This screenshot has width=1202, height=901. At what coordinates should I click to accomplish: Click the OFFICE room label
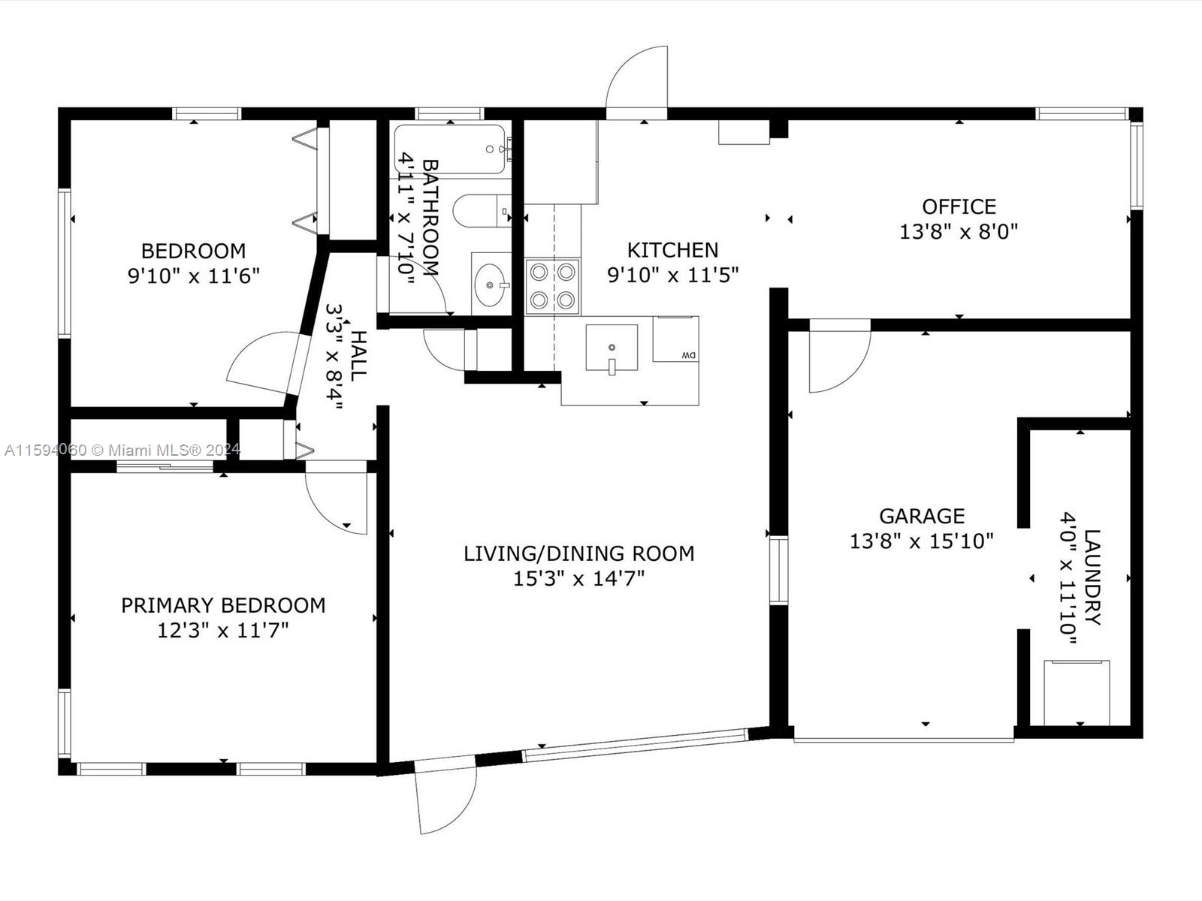[959, 206]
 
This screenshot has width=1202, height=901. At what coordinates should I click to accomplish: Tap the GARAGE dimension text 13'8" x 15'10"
[921, 541]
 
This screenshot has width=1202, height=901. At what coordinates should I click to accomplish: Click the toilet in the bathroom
[482, 211]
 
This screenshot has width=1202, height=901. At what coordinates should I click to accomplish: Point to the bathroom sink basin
[489, 285]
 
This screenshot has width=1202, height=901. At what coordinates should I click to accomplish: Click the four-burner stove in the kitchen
[552, 286]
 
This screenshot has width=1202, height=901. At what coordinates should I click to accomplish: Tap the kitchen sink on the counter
[612, 348]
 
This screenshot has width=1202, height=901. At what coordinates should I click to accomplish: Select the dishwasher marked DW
[675, 339]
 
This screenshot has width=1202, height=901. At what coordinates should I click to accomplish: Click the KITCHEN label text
[672, 250]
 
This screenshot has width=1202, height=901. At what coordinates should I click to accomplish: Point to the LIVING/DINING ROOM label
[578, 553]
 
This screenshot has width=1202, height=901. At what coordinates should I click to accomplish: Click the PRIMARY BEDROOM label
[223, 606]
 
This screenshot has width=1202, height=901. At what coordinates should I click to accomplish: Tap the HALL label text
[358, 356]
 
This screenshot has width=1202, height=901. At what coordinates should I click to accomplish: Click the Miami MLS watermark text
[122, 450]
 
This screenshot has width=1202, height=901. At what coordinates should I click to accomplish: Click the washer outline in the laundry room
[1077, 692]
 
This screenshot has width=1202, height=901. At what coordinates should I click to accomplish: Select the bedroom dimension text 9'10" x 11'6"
[193, 276]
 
